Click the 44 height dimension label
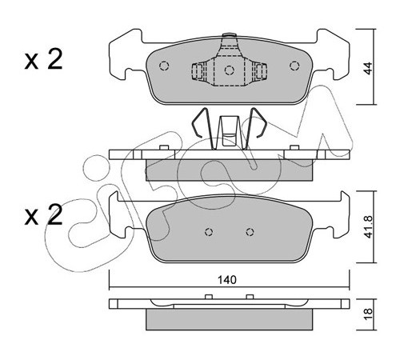[368, 68]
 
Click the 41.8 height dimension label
[368, 226]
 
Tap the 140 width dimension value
[227, 280]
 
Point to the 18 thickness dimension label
[368, 314]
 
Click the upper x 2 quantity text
[43, 59]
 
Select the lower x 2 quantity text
[43, 214]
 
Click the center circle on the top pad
[230, 70]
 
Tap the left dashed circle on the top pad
[164, 66]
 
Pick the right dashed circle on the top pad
[294, 66]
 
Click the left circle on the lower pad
[209, 232]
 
